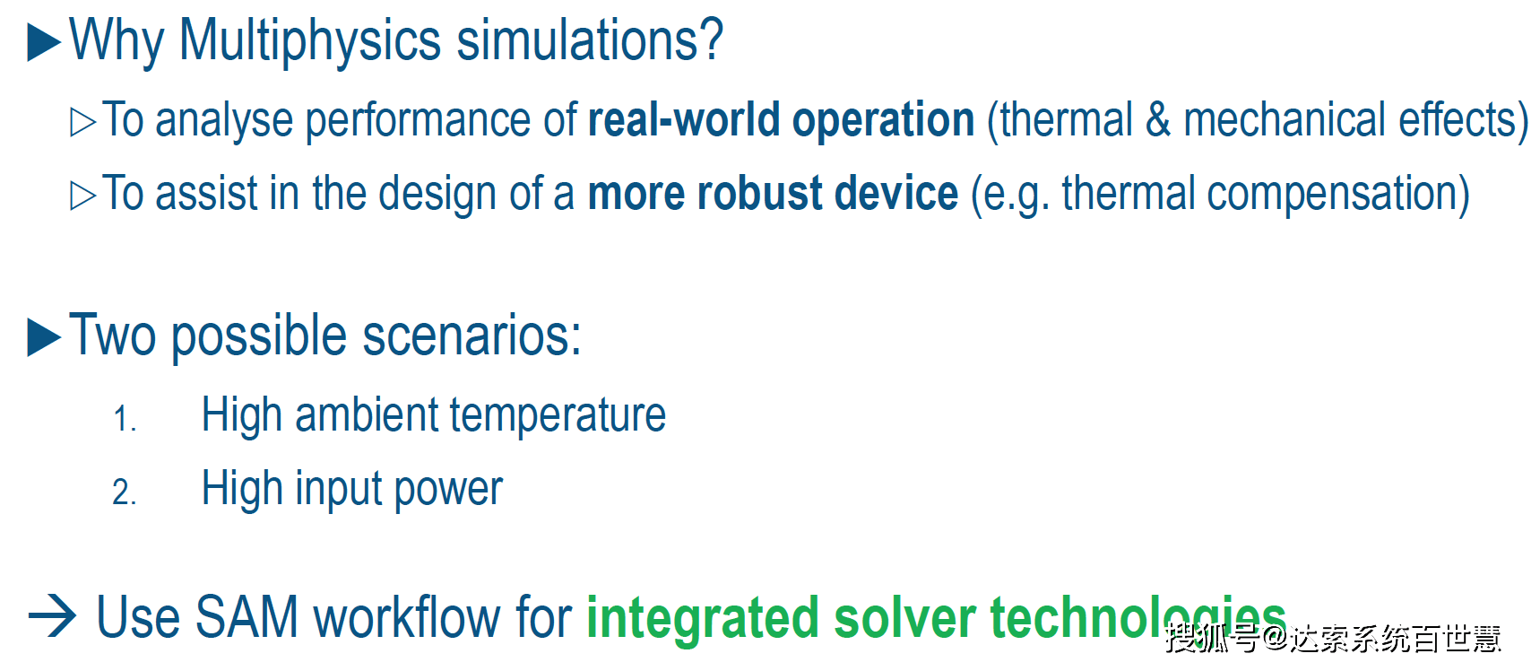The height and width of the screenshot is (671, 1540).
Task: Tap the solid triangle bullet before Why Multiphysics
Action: [x=44, y=42]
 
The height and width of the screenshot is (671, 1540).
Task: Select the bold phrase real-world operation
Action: [x=781, y=120]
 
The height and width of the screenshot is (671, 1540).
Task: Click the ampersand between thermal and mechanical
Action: [x=1158, y=120]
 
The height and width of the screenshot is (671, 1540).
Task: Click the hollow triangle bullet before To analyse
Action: [x=82, y=122]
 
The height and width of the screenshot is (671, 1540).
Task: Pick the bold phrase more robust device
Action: [x=773, y=194]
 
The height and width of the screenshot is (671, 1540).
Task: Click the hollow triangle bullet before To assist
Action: [x=82, y=196]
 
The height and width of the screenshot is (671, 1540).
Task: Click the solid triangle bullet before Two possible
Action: [x=44, y=337]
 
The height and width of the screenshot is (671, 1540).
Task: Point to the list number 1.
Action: [x=125, y=419]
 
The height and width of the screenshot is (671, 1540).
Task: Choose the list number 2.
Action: [x=125, y=492]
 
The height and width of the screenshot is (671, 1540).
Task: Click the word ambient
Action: [x=367, y=415]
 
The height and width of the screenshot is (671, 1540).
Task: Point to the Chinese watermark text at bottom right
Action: [x=1333, y=638]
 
